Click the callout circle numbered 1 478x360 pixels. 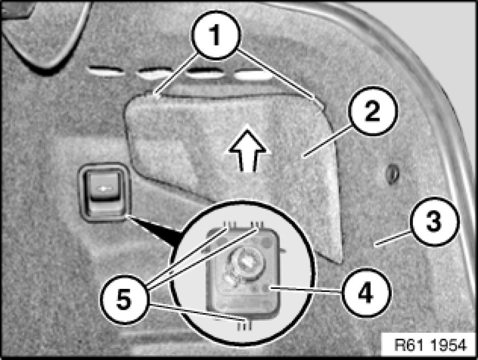pyautogui.click(x=216, y=35)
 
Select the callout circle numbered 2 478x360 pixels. pyautogui.click(x=373, y=111)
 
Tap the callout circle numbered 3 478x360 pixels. pyautogui.click(x=434, y=222)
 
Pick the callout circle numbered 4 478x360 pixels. pyautogui.click(x=365, y=292)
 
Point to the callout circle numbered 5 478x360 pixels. pyautogui.click(x=125, y=300)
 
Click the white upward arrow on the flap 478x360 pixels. pyautogui.click(x=247, y=149)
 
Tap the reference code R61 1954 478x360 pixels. pyautogui.click(x=430, y=345)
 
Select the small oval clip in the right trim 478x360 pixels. pyautogui.click(x=393, y=175)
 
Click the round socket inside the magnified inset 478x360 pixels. pyautogui.click(x=246, y=262)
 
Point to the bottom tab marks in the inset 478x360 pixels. pyautogui.click(x=244, y=325)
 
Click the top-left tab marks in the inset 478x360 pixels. pyautogui.click(x=230, y=225)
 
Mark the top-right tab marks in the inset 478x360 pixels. pyautogui.click(x=257, y=225)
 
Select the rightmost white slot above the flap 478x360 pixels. pyautogui.click(x=253, y=75)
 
